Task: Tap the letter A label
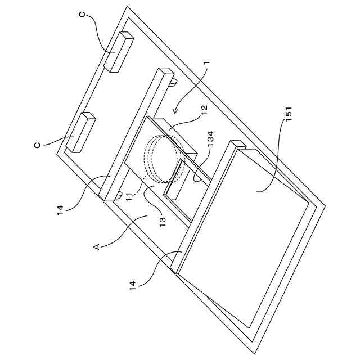[x=96, y=246]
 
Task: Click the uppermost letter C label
[x=83, y=16]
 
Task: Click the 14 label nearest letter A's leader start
[x=61, y=209]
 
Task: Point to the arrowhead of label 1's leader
[x=175, y=110]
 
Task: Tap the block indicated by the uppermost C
[x=120, y=52]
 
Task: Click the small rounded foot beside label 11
[x=119, y=195]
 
